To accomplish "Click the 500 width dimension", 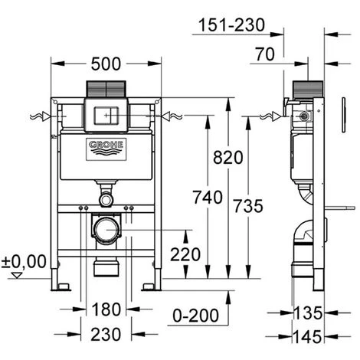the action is tap(106, 64).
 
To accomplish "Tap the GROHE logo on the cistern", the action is tap(106, 149).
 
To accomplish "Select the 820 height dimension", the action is tap(228, 158).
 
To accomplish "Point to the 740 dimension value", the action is tap(208, 198).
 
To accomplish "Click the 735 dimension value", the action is tap(248, 206).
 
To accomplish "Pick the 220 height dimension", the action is tap(185, 254).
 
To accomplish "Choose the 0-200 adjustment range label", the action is tap(196, 316).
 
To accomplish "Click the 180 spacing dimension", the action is tap(106, 309).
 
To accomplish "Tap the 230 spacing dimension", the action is tap(106, 335).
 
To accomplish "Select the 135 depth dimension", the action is tap(308, 313).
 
